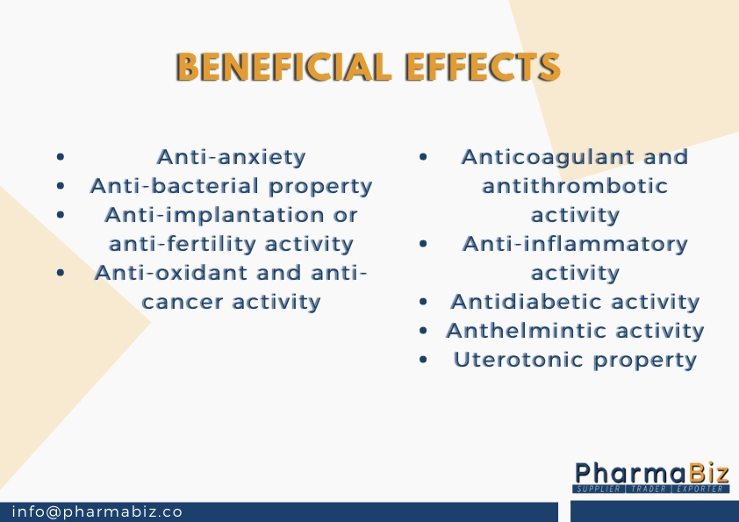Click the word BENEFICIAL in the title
283,67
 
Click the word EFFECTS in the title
483,67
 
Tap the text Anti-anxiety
231,157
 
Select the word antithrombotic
575,186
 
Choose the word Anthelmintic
527,331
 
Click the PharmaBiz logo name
652,473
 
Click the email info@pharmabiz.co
97,511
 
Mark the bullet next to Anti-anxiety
61,157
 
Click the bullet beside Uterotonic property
423,360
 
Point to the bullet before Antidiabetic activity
423,302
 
